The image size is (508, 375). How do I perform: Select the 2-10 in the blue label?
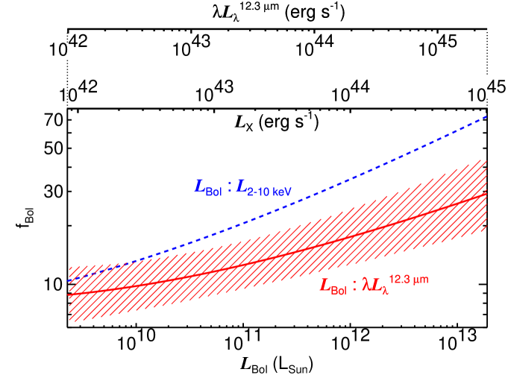tap(260, 192)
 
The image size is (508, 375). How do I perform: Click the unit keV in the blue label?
tap(282, 192)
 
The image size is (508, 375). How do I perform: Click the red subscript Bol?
tap(338, 290)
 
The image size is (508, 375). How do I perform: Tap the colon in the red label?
tap(354, 285)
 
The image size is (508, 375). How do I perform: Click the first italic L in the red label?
tap(325, 285)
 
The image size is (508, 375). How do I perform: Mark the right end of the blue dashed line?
tap(487, 116)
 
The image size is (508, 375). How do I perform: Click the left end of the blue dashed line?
tap(69, 280)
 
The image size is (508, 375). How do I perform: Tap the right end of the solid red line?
tap(487, 194)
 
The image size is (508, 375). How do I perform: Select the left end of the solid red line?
tap(69, 295)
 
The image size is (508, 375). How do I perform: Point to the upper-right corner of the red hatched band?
tap(487, 160)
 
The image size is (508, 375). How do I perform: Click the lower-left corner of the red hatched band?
tap(69, 321)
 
